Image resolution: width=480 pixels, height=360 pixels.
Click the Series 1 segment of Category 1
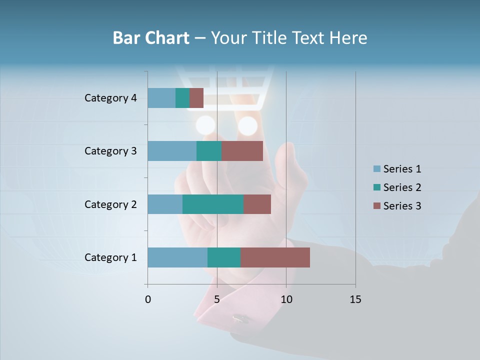177,257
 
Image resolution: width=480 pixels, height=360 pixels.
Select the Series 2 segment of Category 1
224,257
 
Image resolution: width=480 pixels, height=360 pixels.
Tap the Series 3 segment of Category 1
275,257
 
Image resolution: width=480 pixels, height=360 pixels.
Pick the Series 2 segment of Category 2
213,204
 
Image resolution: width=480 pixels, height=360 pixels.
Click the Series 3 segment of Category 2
257,204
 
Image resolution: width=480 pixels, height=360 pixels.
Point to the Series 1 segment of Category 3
172,151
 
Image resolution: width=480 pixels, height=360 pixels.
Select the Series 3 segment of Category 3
242,151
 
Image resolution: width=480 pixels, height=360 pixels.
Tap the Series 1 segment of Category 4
161,98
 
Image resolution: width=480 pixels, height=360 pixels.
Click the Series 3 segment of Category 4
196,98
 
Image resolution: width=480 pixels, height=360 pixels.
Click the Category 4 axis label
110,98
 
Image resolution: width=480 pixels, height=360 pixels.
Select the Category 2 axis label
110,204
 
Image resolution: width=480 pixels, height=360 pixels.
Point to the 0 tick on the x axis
148,299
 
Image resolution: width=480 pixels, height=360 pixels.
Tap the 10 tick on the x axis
286,299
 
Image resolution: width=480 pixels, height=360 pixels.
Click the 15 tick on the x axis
355,299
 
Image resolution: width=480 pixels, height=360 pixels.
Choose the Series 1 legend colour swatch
376,169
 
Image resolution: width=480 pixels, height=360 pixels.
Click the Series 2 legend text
402,187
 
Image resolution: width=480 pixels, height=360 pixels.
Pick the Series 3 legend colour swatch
376,206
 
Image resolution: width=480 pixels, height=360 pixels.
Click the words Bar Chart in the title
150,38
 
